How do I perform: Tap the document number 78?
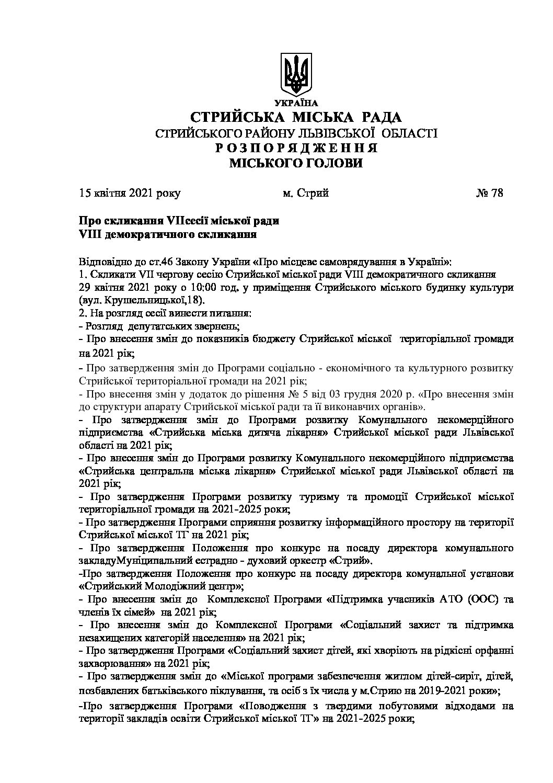[x=497, y=194]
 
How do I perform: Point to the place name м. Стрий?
[x=305, y=194]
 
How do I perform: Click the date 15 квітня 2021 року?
[x=130, y=194]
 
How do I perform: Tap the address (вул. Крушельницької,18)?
[x=142, y=301]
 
